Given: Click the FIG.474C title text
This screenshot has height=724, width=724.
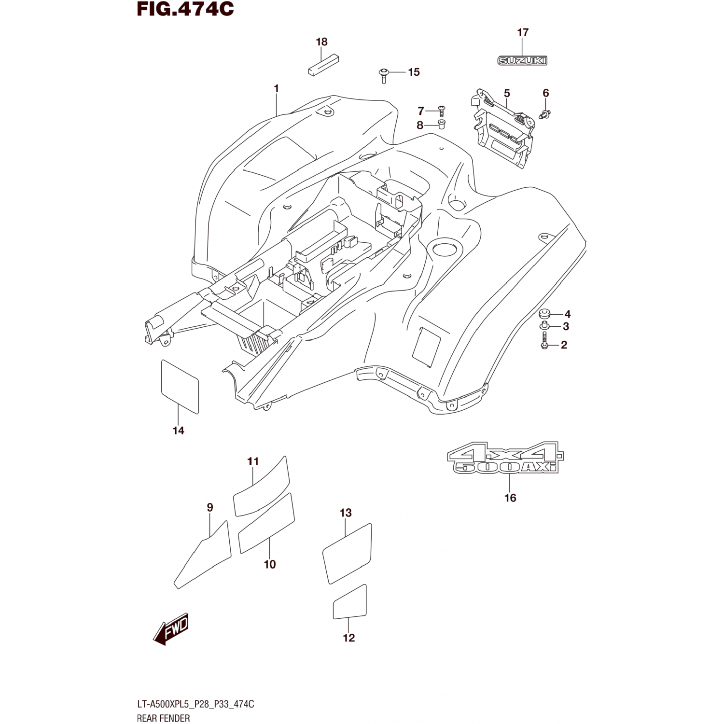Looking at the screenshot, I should pyautogui.click(x=185, y=9).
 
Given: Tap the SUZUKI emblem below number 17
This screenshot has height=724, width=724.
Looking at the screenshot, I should pyautogui.click(x=522, y=61).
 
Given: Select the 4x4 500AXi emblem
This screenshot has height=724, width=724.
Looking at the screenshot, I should pyautogui.click(x=505, y=458).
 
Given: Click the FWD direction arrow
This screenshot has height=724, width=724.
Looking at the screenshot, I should pyautogui.click(x=171, y=630).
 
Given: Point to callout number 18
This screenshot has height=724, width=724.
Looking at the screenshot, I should pyautogui.click(x=321, y=42).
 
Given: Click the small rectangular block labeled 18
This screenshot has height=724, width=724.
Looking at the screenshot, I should pyautogui.click(x=323, y=65).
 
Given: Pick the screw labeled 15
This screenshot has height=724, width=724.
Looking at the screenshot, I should pyautogui.click(x=384, y=74).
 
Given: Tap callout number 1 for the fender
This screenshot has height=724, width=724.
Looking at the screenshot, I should pyautogui.click(x=276, y=89).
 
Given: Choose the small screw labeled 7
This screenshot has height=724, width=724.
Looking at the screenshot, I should pyautogui.click(x=441, y=110).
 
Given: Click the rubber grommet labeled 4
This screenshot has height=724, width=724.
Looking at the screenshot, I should pyautogui.click(x=545, y=314).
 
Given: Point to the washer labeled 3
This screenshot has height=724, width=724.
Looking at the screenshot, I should pyautogui.click(x=544, y=327).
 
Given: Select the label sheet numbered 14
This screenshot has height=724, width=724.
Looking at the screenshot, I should pyautogui.click(x=179, y=387).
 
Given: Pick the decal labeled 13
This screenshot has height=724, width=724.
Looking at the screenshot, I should pyautogui.click(x=347, y=553).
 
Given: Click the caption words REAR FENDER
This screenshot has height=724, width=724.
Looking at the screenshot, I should pyautogui.click(x=163, y=718).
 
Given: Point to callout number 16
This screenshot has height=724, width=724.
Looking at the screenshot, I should pyautogui.click(x=510, y=498).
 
